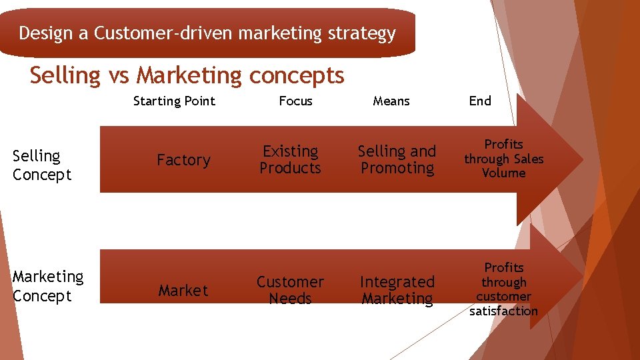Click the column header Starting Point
click(174, 101)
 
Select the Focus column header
click(295, 101)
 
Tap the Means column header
click(391, 101)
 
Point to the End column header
click(480, 101)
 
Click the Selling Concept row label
click(41, 165)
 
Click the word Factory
click(183, 160)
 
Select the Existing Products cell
click(290, 160)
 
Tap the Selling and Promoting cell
click(397, 160)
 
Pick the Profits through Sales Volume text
click(504, 159)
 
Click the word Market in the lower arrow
click(183, 291)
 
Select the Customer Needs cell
click(290, 290)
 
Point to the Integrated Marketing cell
click(397, 290)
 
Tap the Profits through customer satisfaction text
click(504, 289)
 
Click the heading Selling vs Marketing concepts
click(187, 76)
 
